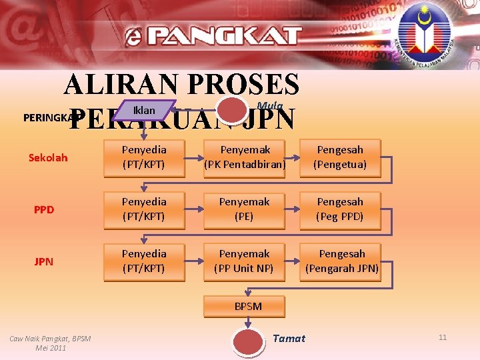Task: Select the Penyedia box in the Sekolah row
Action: coord(144,157)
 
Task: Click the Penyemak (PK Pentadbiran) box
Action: coord(245,157)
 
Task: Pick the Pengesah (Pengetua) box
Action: coord(341,157)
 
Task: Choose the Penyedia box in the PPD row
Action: coord(144,209)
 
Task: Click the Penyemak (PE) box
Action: coord(245,209)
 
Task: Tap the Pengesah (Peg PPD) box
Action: coord(341,209)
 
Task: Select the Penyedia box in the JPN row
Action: coord(144,261)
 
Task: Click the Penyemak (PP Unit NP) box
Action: coord(245,261)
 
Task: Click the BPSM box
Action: coord(248,307)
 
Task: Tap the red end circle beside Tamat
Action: coord(247,341)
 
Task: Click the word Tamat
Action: coord(289,339)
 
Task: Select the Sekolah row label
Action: coord(48,158)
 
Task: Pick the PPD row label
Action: coord(44,209)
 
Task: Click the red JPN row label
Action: coord(44,261)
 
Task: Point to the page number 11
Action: coord(443,338)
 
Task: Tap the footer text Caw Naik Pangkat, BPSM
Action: coord(50,339)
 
